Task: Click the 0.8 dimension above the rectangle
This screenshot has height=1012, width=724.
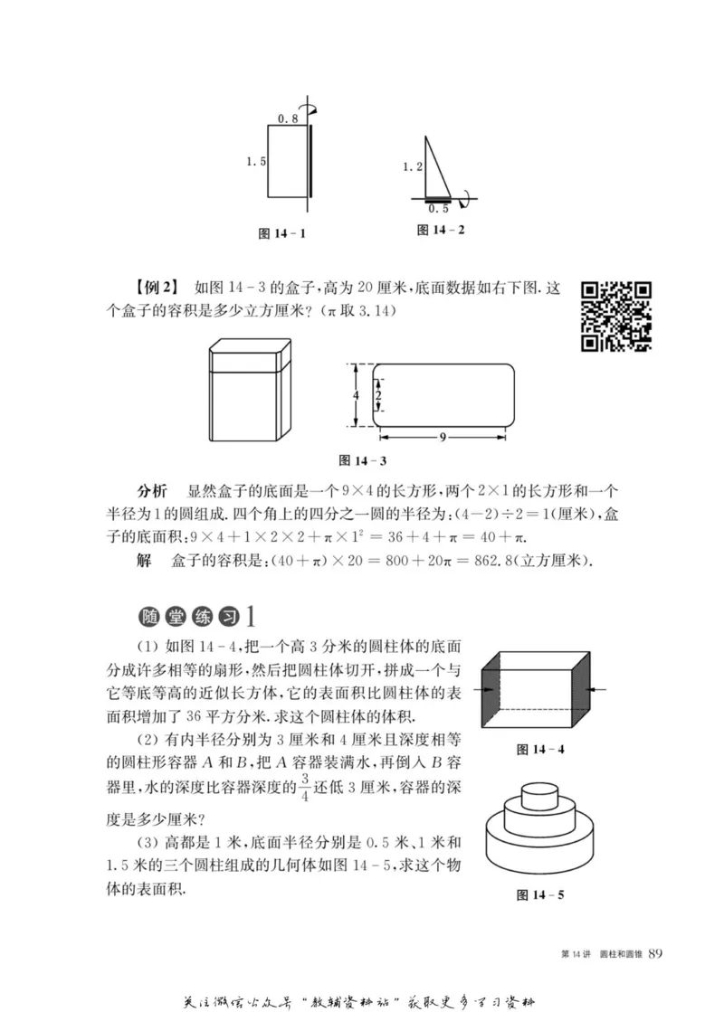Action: coord(286,119)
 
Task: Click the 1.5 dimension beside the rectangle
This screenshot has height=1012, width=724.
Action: coord(255,161)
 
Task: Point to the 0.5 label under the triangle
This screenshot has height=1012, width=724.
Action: coord(438,208)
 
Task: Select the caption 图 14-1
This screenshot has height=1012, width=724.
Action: coord(281,233)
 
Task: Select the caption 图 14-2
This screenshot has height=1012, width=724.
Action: coord(441,230)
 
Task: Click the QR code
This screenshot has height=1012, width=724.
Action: coord(616,316)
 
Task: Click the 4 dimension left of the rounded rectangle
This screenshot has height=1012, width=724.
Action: coord(357,396)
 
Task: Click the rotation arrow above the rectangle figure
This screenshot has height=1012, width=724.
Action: coord(313,109)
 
